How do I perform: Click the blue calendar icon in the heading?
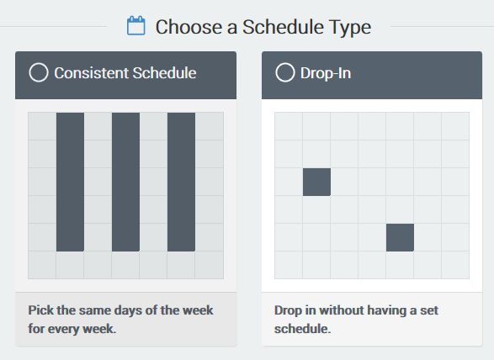[136, 25]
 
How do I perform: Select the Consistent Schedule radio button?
[39, 72]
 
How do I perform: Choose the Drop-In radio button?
[285, 72]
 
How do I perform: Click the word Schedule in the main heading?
[283, 27]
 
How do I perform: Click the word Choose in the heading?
[189, 27]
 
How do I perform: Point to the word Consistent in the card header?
[91, 73]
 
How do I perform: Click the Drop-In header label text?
[326, 74]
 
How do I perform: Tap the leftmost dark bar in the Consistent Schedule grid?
[70, 182]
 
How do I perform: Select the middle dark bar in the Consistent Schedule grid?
[125, 182]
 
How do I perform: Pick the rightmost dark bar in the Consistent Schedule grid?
[181, 182]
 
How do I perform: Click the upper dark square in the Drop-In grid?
[316, 182]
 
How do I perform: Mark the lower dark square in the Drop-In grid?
[400, 237]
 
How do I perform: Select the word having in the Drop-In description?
[386, 311]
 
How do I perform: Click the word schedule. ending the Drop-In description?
[302, 329]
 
